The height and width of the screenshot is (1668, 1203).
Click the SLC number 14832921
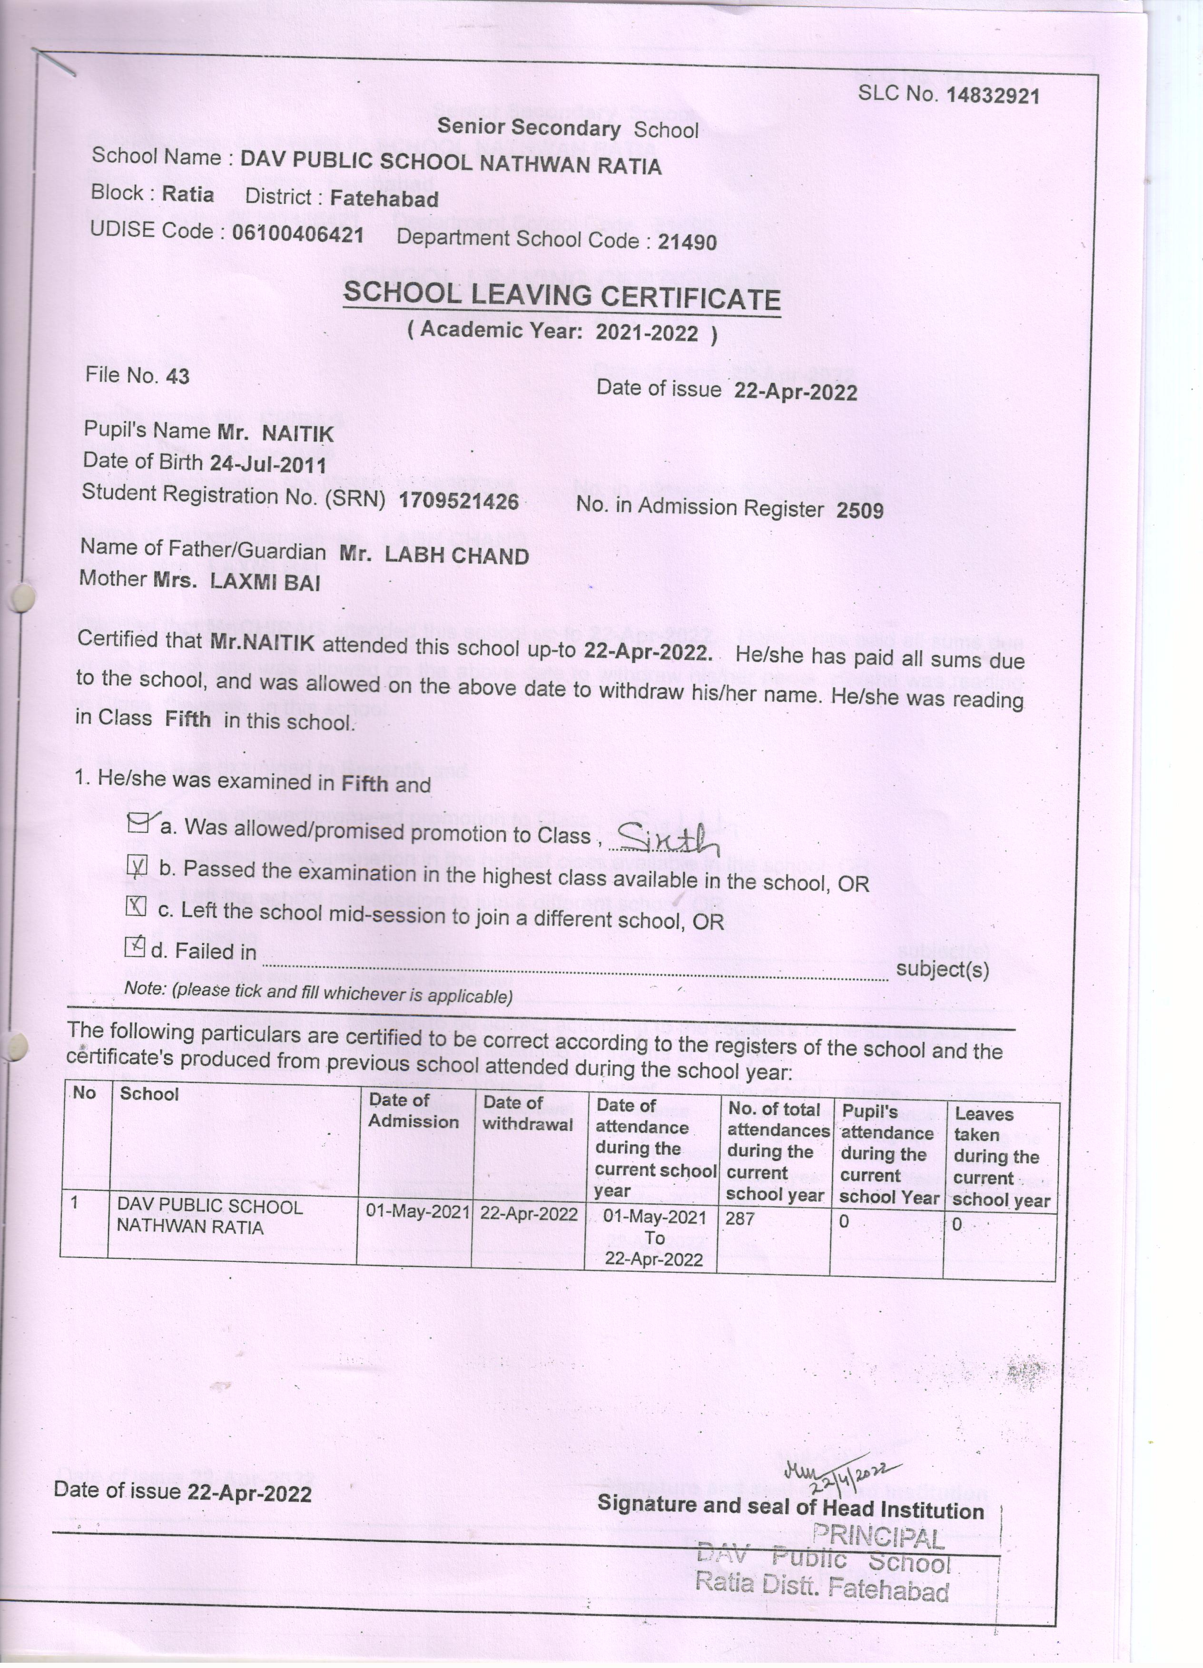coord(993,96)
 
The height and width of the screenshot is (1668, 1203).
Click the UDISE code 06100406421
coord(298,234)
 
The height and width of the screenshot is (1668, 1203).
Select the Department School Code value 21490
coord(687,242)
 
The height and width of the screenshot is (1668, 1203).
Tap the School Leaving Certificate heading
coord(562,296)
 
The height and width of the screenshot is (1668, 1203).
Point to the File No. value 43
coord(177,377)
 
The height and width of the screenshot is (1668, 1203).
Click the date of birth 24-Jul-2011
coord(268,464)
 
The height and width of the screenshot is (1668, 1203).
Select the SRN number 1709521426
coord(458,502)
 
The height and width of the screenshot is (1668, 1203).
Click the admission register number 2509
coord(859,510)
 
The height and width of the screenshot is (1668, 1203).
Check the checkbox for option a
coord(138,822)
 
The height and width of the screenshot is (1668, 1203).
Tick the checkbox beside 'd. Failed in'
coord(135,946)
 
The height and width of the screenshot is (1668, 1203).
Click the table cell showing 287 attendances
coord(740,1219)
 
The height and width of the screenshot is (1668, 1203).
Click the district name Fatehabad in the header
coord(384,199)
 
